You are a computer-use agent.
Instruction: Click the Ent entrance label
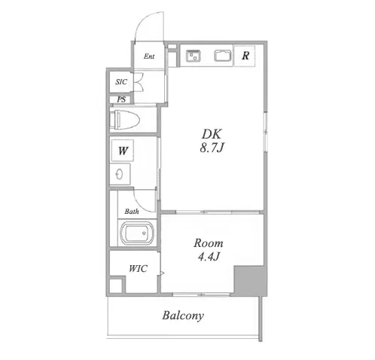(149, 56)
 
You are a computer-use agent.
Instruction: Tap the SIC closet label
(121, 82)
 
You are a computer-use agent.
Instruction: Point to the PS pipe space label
(121, 99)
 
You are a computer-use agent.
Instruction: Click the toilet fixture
(125, 120)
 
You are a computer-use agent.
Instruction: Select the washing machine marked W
(123, 151)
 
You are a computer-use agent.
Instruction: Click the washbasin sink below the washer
(120, 174)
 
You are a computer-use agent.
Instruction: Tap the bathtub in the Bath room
(137, 233)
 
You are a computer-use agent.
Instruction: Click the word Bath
(132, 212)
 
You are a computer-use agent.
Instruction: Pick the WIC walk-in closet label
(138, 269)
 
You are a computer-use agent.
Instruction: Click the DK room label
(212, 134)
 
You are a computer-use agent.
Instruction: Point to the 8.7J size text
(212, 148)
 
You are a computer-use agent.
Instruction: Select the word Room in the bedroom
(209, 243)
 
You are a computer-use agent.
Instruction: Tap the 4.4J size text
(209, 257)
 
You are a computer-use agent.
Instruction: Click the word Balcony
(183, 316)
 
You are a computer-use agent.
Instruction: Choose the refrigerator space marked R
(245, 56)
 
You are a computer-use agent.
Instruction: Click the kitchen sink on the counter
(194, 56)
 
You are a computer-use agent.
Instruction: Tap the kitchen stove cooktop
(222, 56)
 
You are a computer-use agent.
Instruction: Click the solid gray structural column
(248, 280)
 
